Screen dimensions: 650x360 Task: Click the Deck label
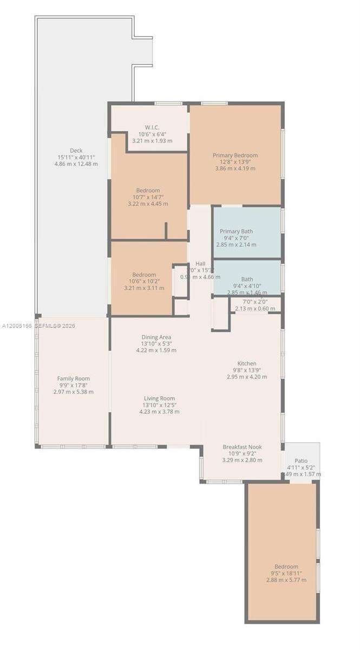76,151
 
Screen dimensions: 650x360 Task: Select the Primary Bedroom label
235,155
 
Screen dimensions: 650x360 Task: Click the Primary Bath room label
235,231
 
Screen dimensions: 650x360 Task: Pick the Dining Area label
156,337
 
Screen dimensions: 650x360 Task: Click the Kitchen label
247,363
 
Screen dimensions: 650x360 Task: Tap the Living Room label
159,398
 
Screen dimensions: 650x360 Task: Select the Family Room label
74,379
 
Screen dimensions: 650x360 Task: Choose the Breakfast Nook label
242,447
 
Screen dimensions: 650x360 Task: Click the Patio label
301,460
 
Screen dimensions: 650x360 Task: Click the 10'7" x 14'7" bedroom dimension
148,197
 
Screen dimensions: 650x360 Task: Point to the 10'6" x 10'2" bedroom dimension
144,281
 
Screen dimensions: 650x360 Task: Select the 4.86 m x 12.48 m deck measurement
76,164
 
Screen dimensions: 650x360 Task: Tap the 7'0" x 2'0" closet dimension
255,302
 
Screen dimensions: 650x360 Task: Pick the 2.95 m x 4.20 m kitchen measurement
247,376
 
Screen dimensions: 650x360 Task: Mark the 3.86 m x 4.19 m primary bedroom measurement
235,168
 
